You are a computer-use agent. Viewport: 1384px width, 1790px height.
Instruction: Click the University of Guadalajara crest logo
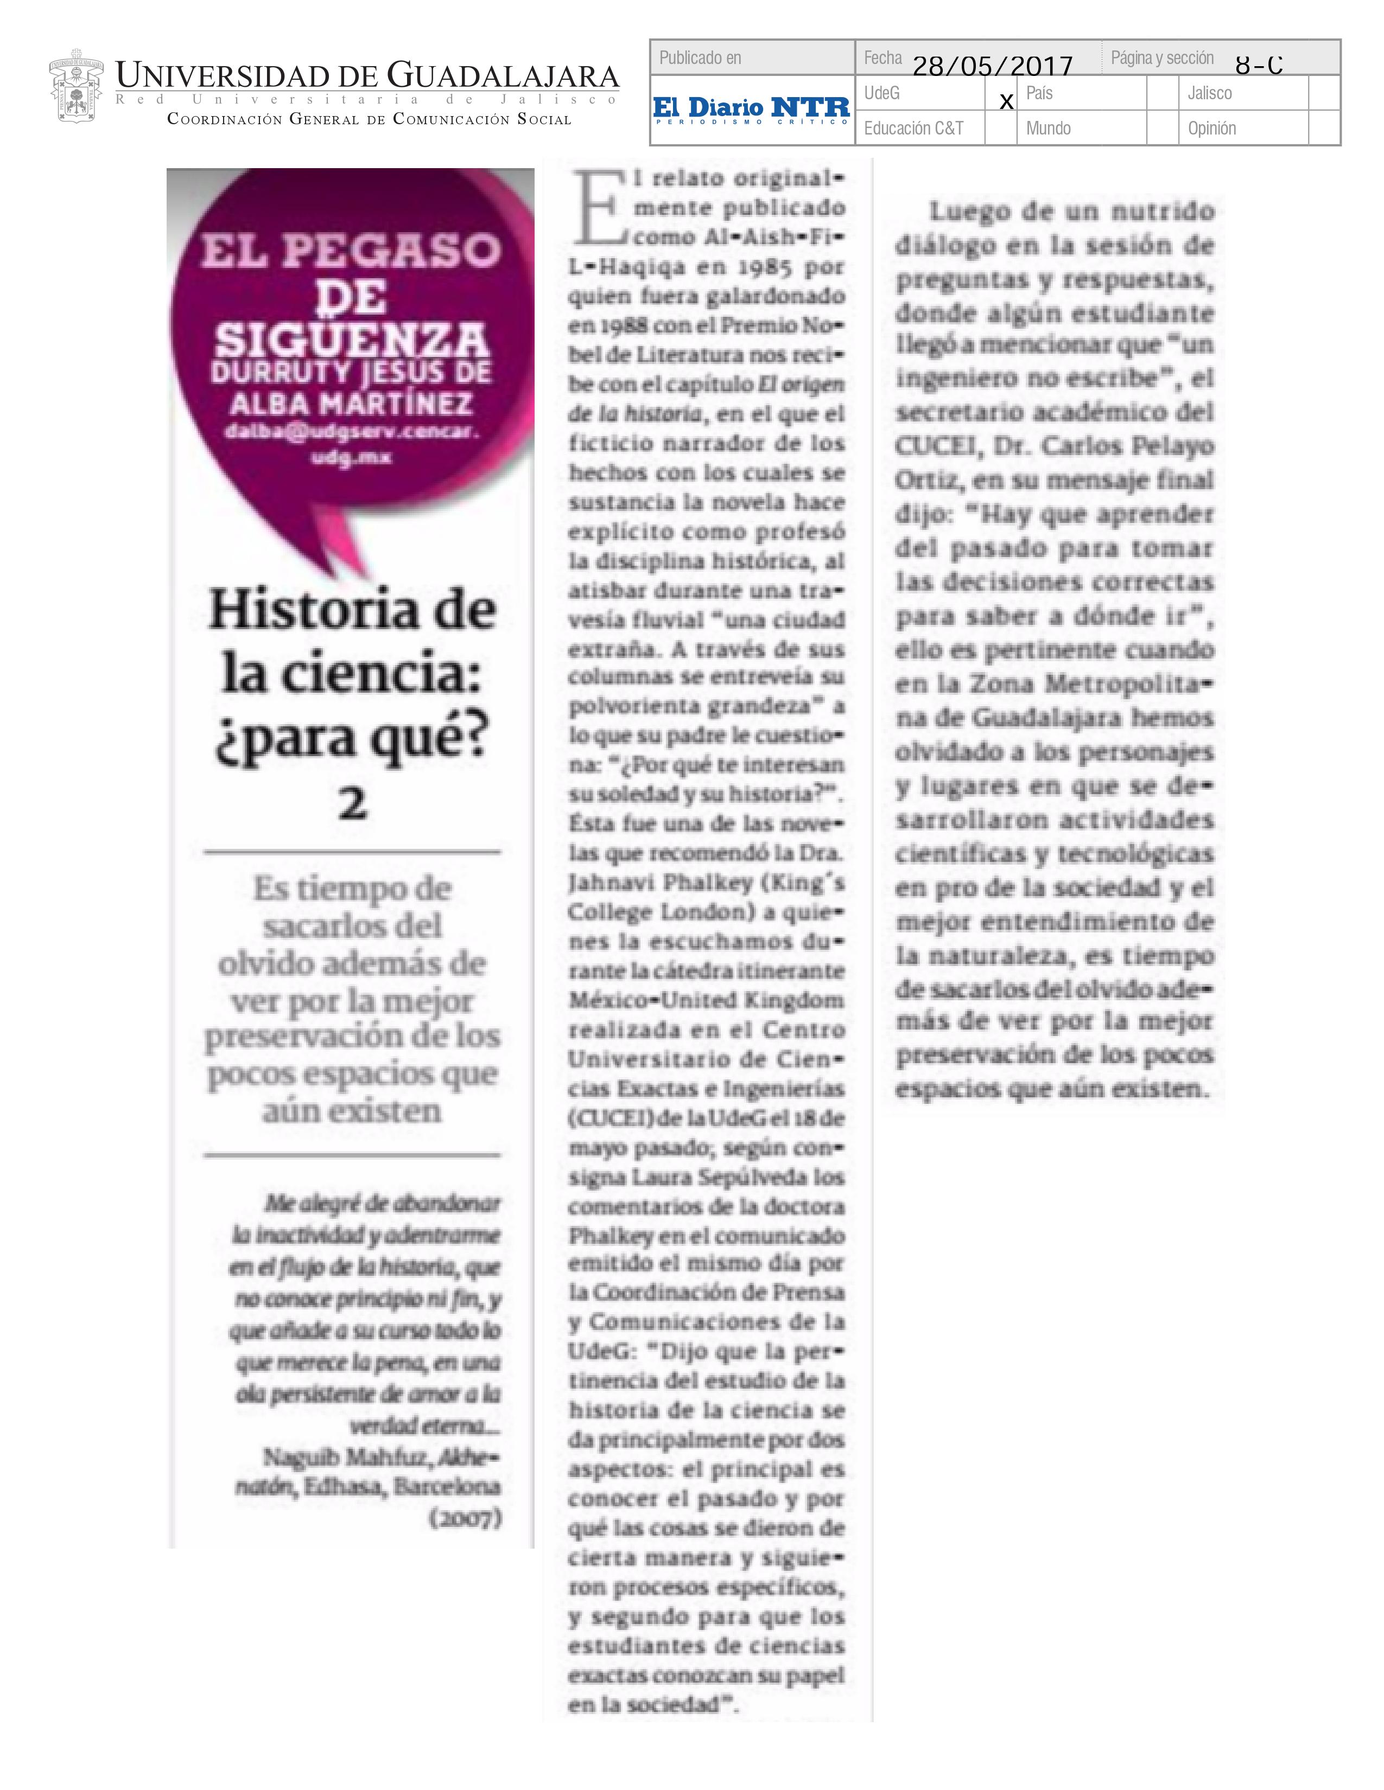[x=75, y=90]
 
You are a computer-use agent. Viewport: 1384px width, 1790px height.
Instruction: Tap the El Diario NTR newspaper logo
[x=752, y=110]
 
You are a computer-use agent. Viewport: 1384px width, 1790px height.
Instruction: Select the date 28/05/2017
[x=992, y=66]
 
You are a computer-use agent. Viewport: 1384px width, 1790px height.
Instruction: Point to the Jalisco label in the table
[x=1209, y=93]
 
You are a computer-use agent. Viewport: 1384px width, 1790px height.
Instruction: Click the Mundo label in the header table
[x=1048, y=129]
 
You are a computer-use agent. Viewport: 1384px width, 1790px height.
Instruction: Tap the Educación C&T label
[x=913, y=129]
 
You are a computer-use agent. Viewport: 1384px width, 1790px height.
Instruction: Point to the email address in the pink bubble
[x=352, y=443]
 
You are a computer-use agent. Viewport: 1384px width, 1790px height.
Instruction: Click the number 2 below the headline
[x=353, y=803]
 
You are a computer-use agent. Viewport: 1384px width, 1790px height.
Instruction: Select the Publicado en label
[x=700, y=58]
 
